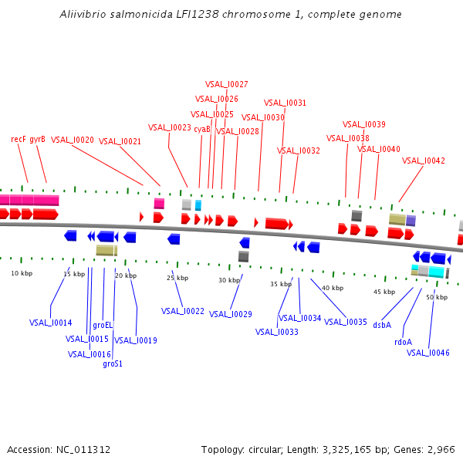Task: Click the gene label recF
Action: [x=19, y=139]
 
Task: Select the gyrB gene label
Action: [x=38, y=139]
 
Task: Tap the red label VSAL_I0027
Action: [x=226, y=84]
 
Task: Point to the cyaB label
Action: [x=202, y=129]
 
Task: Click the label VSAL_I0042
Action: [x=424, y=161]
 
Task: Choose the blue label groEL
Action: [x=103, y=325]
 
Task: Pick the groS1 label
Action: [x=113, y=363]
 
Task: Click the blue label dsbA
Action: [x=382, y=325]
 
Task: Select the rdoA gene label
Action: [x=403, y=342]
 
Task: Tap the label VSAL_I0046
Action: [x=428, y=353]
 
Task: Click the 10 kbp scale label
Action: [x=22, y=273]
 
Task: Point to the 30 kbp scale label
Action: [x=229, y=280]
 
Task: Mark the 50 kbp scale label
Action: [x=437, y=297]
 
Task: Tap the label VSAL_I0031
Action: [x=285, y=103]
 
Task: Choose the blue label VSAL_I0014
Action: [x=51, y=323]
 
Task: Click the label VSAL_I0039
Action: [x=364, y=124]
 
